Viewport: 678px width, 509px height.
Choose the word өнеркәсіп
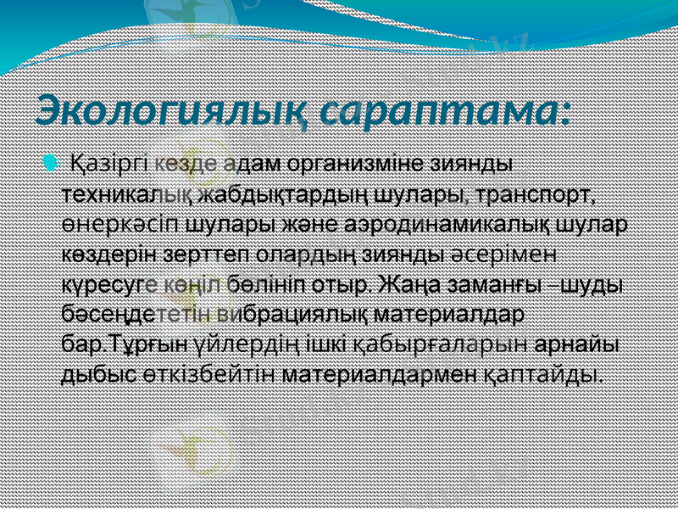click(121, 225)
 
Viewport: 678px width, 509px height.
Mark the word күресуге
click(101, 283)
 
